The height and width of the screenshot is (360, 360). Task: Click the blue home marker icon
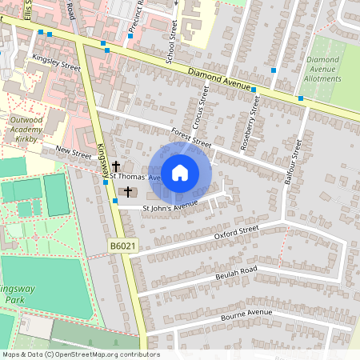(180, 172)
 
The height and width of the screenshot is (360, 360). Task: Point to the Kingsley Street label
(57, 63)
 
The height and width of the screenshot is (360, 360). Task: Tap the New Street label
(74, 150)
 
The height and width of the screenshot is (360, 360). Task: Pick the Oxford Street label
(238, 232)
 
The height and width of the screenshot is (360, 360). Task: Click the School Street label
(171, 42)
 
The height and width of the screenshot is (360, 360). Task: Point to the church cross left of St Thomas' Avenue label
(116, 165)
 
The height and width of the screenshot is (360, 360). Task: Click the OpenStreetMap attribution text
(80, 354)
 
